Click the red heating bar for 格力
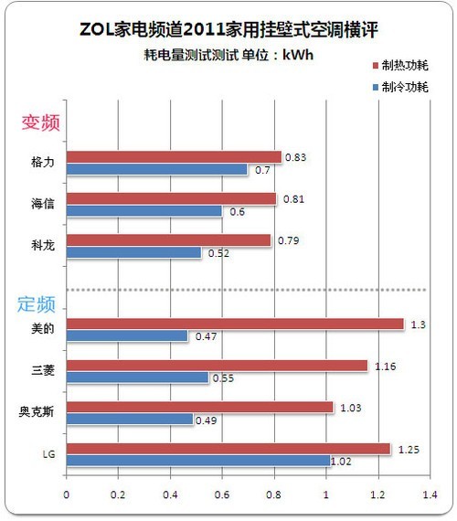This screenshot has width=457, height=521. pos(174,157)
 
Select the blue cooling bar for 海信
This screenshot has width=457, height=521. pos(144,211)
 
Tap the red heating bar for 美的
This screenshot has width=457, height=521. pos(235,324)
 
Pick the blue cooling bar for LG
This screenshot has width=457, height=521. pos(198,461)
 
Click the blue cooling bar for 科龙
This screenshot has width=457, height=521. pos(134,252)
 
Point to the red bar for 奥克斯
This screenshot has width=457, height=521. pos(200,407)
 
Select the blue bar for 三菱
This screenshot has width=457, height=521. pos(138,377)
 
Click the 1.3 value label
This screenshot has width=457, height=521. pos(418,324)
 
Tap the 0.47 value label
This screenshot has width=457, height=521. pos(206,336)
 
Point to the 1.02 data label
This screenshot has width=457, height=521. pos(341,462)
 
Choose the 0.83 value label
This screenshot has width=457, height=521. pos(295,157)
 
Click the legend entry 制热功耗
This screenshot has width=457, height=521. pos(400,66)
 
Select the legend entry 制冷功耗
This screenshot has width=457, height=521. pos(400,87)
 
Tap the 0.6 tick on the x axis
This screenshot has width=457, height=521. pos(222,494)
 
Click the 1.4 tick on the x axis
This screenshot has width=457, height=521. pos(430,494)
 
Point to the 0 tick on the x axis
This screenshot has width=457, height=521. pos(67,494)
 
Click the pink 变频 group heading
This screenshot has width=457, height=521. pos(41,122)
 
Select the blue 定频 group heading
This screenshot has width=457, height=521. pos(37,304)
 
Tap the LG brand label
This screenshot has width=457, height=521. pos(48,454)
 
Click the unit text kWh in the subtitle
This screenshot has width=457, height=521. pos(298,55)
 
